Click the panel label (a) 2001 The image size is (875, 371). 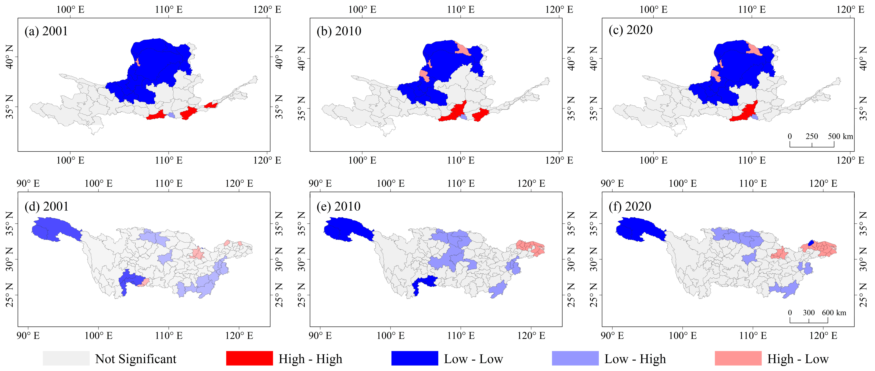tap(46, 31)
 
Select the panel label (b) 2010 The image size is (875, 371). tap(339, 31)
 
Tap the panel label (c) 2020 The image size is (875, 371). tap(631, 30)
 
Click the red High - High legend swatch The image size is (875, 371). tap(249, 359)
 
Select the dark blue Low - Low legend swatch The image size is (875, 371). tap(414, 359)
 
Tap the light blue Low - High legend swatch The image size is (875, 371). tap(575, 359)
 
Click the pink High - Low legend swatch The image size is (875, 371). tap(738, 359)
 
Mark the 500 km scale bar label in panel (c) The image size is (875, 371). tap(840, 136)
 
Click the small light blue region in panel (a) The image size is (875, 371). tap(172, 115)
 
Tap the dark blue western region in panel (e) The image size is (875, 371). tap(346, 230)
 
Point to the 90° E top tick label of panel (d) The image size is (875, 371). tap(28, 184)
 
